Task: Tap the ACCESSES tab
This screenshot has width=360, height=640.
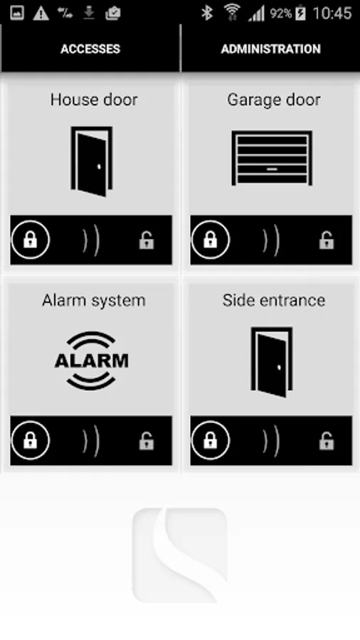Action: pos(90,49)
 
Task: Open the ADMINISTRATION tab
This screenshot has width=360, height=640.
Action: pos(270,49)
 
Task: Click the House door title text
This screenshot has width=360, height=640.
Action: pos(94,100)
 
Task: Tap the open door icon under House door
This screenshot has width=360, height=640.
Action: pos(92,161)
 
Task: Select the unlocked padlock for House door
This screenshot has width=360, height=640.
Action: pos(147,240)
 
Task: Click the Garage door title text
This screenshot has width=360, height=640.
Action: pos(273,100)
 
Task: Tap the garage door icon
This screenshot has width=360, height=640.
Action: pos(272,158)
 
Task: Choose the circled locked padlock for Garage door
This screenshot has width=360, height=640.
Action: pos(211,240)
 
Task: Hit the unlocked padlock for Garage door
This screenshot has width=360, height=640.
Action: pos(327,240)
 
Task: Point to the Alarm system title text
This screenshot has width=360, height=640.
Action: pos(94,300)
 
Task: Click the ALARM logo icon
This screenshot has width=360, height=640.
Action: pos(92,361)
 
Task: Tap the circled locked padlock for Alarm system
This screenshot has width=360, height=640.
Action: pos(31,440)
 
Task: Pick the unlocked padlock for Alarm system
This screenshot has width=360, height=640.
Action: pos(147,441)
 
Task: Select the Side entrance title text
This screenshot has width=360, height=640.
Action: pos(273,300)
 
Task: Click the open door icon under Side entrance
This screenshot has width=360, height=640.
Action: pos(272,362)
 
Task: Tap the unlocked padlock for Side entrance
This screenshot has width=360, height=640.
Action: pos(327,441)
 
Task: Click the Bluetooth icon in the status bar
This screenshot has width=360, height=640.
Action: pos(207,13)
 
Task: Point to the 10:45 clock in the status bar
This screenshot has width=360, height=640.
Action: pos(332,14)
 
